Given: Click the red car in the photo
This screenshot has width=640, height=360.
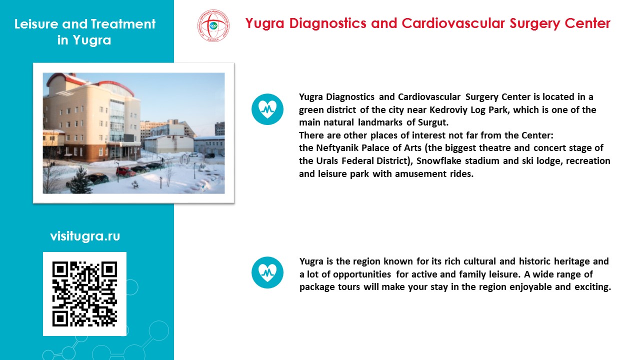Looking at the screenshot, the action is coord(125,171).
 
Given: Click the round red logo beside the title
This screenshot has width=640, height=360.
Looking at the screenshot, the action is coord(213,25).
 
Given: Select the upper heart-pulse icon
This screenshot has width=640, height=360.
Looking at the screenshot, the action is coord(267,109).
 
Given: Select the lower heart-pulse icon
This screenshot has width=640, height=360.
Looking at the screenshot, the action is coord(267,272).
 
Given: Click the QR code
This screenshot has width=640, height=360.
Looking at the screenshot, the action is coord(84,293).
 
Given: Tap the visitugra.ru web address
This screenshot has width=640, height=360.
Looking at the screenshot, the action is coord(85,236).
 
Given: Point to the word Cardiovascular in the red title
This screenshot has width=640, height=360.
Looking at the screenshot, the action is coord(453,23).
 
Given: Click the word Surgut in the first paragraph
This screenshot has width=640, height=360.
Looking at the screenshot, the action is coord(433,122).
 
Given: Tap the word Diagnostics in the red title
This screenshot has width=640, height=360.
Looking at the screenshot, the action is coord(327,23).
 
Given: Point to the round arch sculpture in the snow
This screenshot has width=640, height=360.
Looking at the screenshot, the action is coord(184,159).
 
